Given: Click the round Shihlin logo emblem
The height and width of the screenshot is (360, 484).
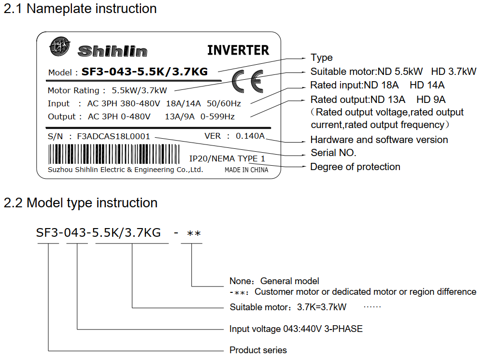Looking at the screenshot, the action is [x=59, y=46].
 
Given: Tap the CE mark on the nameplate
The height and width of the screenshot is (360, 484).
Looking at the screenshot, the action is [x=248, y=82].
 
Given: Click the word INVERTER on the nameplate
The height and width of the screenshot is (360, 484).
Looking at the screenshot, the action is [x=238, y=50].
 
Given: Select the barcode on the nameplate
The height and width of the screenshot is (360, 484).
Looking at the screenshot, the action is [x=114, y=154].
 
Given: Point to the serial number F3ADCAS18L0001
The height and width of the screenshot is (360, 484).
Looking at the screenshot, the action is [x=114, y=136].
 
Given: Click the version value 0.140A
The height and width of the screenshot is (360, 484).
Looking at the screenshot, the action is [x=250, y=136].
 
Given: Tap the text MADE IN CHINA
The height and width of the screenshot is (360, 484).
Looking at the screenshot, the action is [x=246, y=170].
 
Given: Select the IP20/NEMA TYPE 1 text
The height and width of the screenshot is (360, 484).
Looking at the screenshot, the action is [x=227, y=158].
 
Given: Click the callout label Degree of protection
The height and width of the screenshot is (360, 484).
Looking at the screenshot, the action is [x=356, y=167].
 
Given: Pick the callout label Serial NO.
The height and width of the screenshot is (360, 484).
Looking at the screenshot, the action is [x=333, y=153].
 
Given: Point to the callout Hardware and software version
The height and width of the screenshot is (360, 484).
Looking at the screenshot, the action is [x=379, y=140].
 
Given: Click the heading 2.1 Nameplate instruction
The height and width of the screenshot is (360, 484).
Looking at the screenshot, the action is [x=80, y=9].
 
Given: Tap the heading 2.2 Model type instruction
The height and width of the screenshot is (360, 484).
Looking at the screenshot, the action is [x=81, y=203].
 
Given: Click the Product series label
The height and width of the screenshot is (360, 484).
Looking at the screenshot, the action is [x=258, y=350].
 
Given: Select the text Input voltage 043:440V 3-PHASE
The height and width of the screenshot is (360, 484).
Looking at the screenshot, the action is [x=296, y=329].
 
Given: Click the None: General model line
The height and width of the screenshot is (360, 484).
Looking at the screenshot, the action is [x=274, y=281].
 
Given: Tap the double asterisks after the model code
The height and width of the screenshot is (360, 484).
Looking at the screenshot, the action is [x=194, y=233].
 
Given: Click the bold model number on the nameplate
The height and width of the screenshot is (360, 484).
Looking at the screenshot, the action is [x=144, y=72].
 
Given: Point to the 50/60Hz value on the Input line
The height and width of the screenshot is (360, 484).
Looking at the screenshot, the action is [x=224, y=103].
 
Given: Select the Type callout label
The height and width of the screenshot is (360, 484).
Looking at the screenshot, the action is [x=322, y=58].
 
